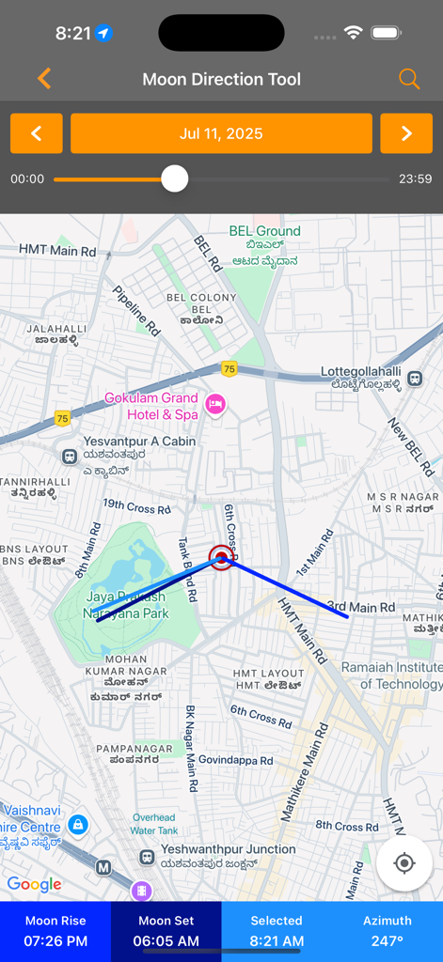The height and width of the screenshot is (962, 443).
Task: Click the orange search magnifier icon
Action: (x=409, y=79)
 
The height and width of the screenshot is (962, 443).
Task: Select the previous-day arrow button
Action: (x=37, y=133)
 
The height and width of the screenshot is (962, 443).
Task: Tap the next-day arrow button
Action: (x=406, y=133)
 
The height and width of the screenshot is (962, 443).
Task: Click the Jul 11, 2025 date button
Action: (x=221, y=133)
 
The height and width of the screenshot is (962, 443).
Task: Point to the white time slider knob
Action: (x=175, y=178)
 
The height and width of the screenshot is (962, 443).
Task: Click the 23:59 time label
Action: (x=415, y=178)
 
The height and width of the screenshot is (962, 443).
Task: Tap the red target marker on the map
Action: (x=221, y=558)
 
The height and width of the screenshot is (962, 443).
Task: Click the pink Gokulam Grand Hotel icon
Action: (x=215, y=404)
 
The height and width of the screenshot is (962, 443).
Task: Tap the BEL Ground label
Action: (x=265, y=231)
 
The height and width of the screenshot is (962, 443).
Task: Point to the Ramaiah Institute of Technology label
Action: (x=391, y=675)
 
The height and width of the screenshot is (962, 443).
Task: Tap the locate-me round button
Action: (x=404, y=863)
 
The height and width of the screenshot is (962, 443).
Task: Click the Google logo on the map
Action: (x=34, y=884)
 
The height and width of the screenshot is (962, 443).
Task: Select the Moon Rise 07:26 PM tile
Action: (x=55, y=931)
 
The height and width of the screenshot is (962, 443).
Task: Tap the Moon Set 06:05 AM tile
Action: (x=166, y=931)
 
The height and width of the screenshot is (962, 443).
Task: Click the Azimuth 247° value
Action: (x=388, y=940)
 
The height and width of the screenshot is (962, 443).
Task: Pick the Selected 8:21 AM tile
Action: (x=277, y=931)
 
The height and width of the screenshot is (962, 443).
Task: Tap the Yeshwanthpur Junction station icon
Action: (x=148, y=857)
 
